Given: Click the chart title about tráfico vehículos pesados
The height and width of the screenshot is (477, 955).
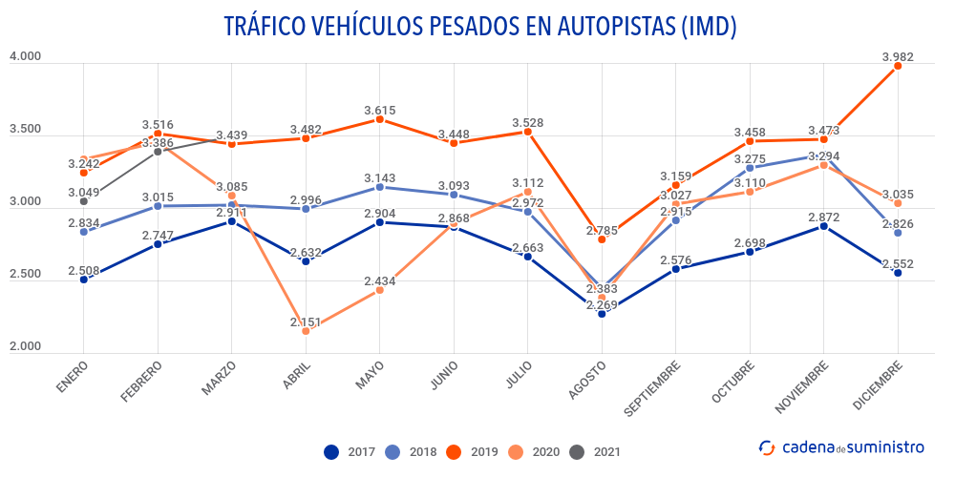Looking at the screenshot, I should coord(479,26).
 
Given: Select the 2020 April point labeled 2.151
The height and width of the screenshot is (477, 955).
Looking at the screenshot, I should coord(306,331).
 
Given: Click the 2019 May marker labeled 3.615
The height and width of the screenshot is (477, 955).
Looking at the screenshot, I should coord(380,119).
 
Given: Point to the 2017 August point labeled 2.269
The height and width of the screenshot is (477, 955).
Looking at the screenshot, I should coord(602,314).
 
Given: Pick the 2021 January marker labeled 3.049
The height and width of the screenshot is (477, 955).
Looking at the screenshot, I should coord(84,201).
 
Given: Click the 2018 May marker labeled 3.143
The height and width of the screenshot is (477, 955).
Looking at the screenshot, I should coord(380,187).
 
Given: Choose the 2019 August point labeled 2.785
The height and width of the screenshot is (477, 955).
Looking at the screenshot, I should coord(602,239).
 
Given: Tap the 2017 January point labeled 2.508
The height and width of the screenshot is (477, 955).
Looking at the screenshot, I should coord(84,280).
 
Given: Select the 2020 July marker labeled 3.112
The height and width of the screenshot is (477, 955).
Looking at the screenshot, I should coord(528,192).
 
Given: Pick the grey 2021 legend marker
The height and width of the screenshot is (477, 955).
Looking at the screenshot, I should coord(576,451).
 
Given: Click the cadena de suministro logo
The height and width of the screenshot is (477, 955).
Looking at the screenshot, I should coord(840,446).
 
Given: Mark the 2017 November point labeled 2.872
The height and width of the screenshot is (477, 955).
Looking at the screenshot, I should coord(824,226).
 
